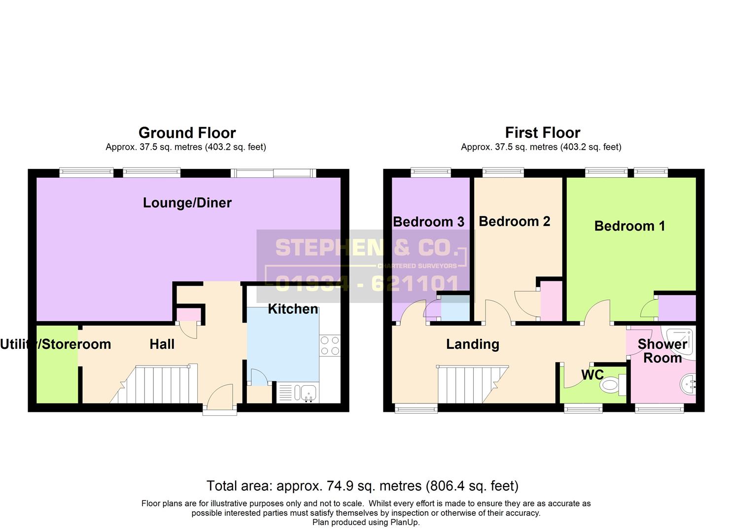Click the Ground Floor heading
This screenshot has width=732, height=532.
point(187,133)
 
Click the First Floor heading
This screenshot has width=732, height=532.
point(542,133)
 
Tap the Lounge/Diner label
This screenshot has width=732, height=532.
point(187,202)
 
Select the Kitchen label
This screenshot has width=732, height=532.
point(293,309)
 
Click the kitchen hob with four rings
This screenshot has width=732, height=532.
point(329,345)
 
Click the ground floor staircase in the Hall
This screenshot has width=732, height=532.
point(158,384)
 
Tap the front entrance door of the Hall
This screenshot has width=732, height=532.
point(220,398)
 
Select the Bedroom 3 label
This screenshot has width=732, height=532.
point(428,222)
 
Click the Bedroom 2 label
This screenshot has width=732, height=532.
point(514,221)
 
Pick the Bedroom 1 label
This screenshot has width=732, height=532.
point(629,226)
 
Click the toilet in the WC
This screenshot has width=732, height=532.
point(613,385)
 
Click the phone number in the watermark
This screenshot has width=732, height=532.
point(367,283)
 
